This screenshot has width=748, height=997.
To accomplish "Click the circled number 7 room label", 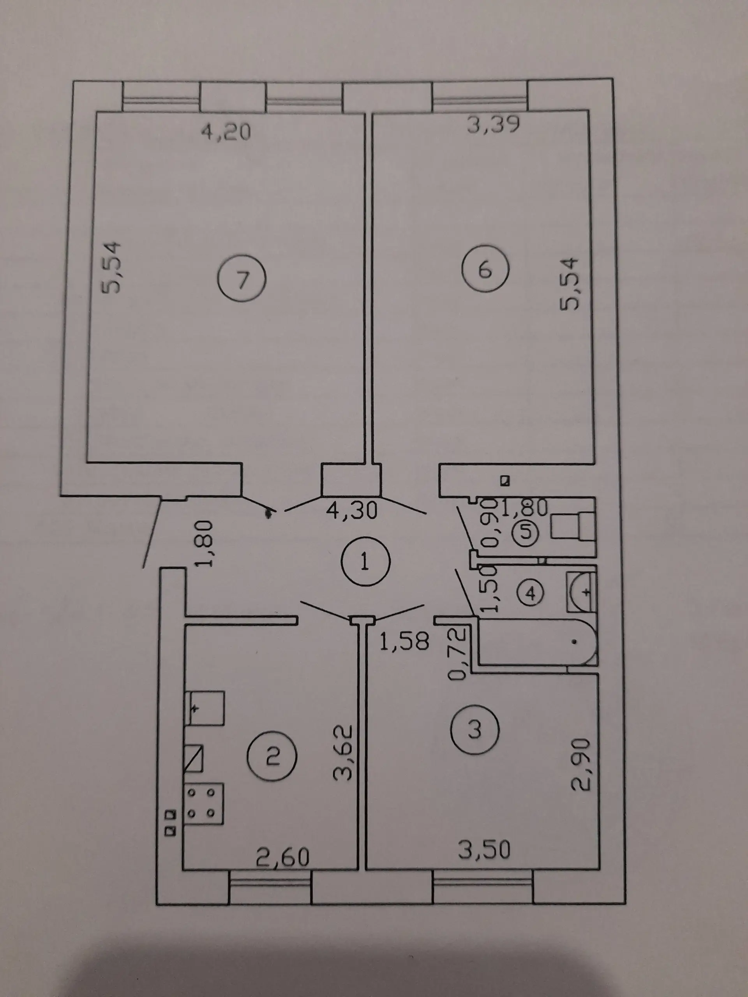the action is (242, 280).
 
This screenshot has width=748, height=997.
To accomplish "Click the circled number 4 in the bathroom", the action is (531, 593).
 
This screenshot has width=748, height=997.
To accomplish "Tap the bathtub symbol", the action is (538, 642).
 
